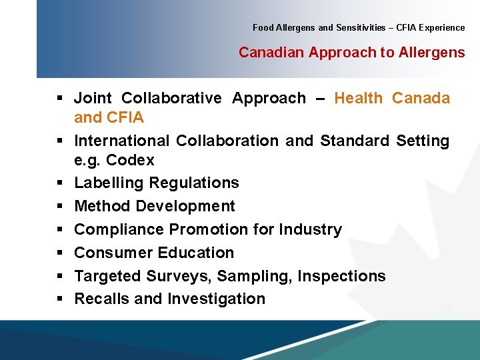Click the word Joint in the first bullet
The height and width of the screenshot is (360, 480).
(93, 99)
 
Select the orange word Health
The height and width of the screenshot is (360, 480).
(358, 99)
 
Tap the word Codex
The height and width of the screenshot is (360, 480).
(130, 161)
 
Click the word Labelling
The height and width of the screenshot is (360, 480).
(109, 183)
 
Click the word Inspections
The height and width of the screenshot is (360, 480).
(341, 277)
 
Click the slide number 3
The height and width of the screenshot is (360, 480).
(448, 310)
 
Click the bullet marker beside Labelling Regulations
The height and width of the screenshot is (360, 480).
(60, 183)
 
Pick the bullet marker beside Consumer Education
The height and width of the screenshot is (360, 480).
(60, 253)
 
